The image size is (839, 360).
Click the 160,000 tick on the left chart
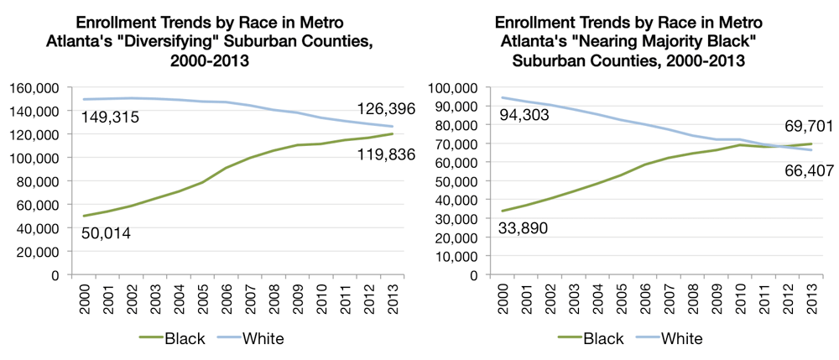(x=34, y=87)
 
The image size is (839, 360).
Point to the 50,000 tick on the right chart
(x=460, y=181)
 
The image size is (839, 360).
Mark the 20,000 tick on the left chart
(x=37, y=252)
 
